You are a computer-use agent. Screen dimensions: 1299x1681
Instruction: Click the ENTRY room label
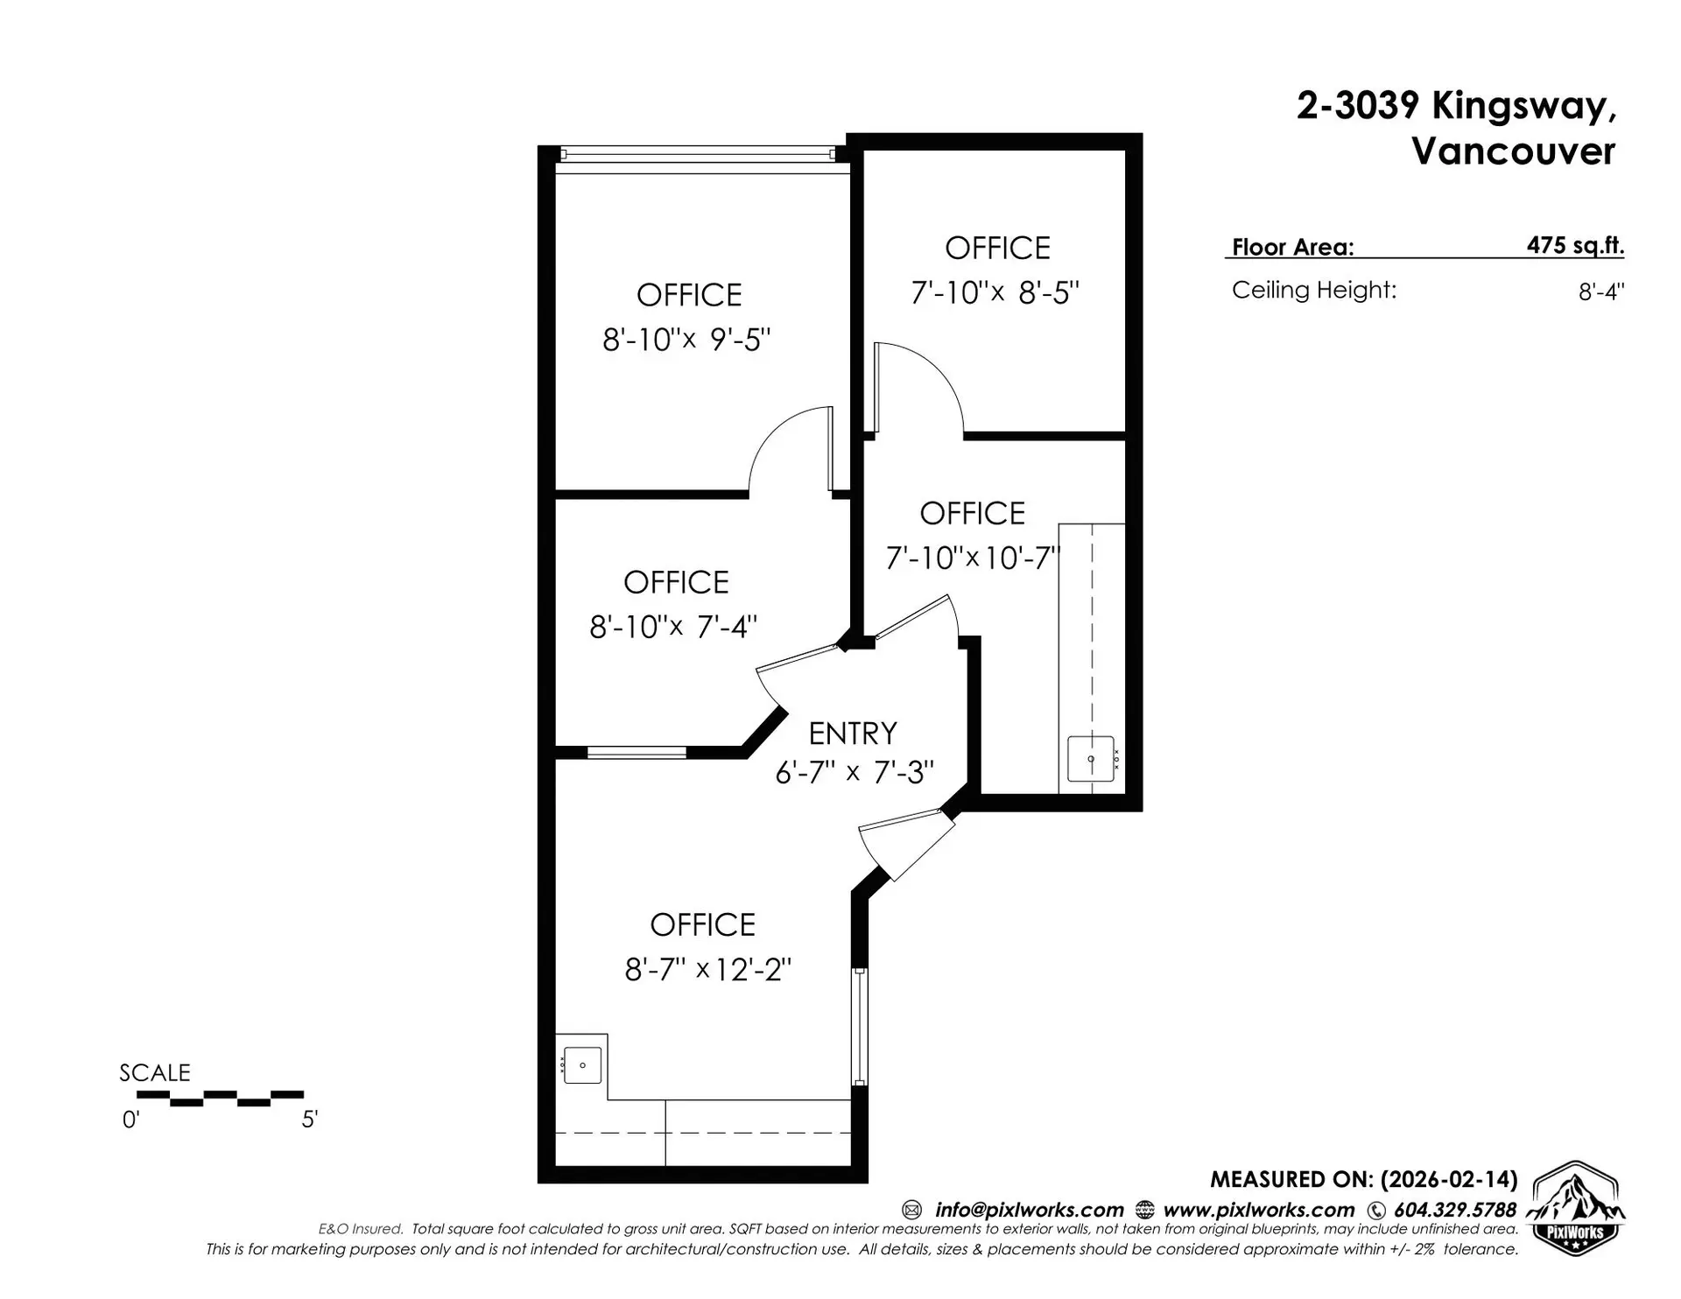(852, 733)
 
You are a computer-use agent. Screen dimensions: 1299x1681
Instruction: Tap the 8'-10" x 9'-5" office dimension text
(686, 340)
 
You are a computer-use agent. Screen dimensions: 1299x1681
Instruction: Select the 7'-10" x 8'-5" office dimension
(995, 292)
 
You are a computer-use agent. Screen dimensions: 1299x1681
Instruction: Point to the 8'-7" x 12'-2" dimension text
(707, 970)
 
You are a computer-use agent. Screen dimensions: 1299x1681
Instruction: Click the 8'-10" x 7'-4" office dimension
(672, 627)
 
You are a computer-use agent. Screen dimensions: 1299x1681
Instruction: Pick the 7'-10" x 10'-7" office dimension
(973, 558)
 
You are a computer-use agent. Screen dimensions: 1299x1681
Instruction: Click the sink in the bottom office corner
(582, 1065)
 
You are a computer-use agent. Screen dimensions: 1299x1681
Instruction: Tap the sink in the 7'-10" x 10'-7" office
(1091, 759)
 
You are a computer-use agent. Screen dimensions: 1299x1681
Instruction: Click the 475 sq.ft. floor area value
(1574, 245)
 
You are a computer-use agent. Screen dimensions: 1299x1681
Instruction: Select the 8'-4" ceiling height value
(1600, 291)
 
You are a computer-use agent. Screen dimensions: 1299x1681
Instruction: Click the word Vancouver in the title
(1512, 151)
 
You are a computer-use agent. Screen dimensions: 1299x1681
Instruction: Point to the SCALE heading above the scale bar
(155, 1072)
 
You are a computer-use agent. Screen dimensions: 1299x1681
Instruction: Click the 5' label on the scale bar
(309, 1120)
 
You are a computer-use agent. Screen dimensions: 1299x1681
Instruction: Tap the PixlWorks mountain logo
(1575, 1209)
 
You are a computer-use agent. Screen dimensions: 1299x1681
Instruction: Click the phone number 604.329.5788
(1454, 1210)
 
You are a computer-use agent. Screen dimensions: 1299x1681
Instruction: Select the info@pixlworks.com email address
(1029, 1210)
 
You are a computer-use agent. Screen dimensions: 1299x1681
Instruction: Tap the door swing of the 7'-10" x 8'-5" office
(919, 385)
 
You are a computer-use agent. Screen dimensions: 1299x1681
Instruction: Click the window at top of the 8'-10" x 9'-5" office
(697, 154)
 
